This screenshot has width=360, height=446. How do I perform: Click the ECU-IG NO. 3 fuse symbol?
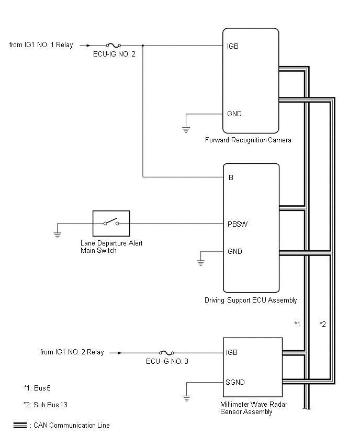point(166,352)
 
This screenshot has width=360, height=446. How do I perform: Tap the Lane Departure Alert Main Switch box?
point(111,224)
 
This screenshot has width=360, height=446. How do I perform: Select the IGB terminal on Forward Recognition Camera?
point(233,46)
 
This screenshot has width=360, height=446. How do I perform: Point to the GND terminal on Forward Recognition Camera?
point(234,114)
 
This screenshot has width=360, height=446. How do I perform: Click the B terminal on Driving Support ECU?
point(231,177)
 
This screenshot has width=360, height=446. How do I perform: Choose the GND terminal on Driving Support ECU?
point(235,251)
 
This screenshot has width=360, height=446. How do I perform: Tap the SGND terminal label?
point(235,382)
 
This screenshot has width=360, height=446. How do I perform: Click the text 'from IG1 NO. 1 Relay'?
point(41,45)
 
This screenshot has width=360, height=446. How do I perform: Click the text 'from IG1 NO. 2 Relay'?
point(72,352)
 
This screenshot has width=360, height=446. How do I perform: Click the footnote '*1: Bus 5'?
point(37,388)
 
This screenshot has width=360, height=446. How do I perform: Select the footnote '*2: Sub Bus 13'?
point(46,405)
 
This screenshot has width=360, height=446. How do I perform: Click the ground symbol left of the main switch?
point(58,235)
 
